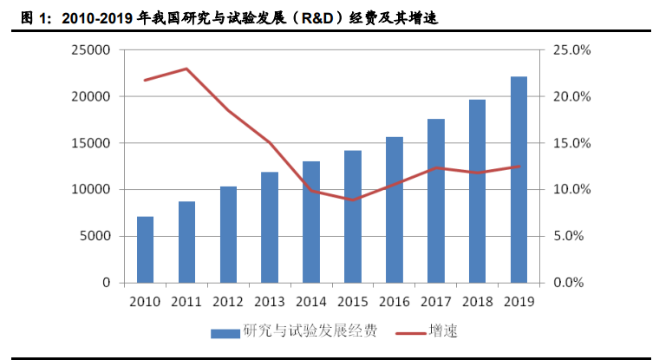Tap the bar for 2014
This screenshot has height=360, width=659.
311,222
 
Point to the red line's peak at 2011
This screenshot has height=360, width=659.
186,69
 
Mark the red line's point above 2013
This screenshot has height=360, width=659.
270,142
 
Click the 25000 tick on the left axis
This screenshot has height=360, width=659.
91,50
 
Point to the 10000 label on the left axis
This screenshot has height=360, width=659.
91,189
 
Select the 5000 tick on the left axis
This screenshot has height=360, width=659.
95,236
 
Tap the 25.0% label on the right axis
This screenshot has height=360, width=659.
571,50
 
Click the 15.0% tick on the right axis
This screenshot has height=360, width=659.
571,143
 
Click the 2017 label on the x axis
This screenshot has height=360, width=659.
435,301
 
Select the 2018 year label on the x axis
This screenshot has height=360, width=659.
477,301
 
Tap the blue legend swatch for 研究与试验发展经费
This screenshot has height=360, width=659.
225,332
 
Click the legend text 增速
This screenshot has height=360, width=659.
442,331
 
